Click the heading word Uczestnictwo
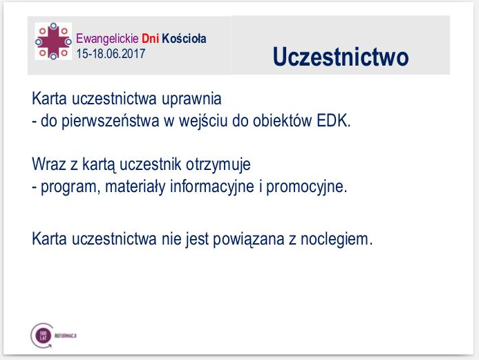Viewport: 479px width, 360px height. (x=341, y=57)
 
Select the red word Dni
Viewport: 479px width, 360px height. (x=151, y=39)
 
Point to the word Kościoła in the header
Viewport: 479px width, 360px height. (x=183, y=39)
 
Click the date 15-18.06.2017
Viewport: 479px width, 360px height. (x=111, y=53)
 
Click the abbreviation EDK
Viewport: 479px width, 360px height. (x=334, y=122)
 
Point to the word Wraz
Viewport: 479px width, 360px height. (x=47, y=166)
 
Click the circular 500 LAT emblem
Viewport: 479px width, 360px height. (x=40, y=334)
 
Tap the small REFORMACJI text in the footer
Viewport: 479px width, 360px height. (x=64, y=334)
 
